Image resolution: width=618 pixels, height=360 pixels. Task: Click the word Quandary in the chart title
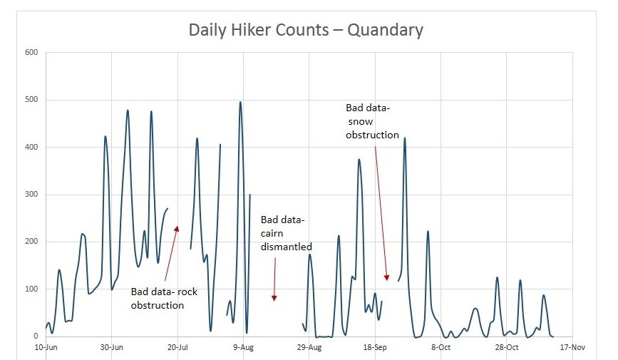(385, 30)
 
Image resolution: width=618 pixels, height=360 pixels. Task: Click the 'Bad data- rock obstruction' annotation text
(164, 298)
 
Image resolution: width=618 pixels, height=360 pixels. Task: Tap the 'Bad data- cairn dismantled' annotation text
(286, 233)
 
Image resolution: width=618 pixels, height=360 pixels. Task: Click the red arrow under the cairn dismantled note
(274, 278)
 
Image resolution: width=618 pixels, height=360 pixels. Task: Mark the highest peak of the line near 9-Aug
(240, 102)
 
